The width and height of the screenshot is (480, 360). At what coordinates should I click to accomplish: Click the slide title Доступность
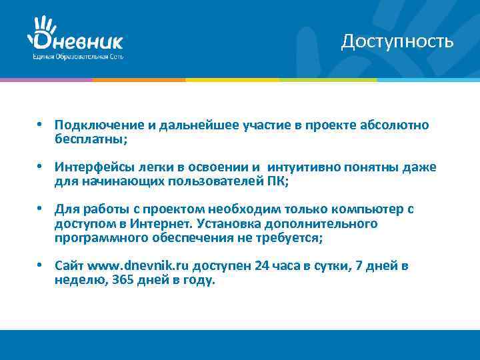[x=397, y=41]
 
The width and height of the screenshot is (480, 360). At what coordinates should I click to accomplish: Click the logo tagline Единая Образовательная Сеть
[x=77, y=57]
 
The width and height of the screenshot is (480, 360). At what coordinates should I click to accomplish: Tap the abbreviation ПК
[x=274, y=181]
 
